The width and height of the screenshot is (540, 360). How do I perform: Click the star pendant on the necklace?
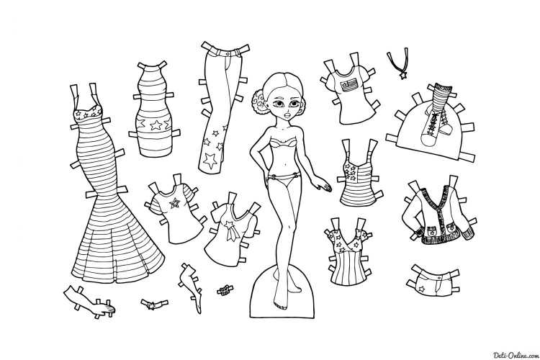coord(402,74)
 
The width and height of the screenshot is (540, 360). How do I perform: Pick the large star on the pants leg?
coord(210,160)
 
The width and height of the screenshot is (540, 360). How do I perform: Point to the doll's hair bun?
coord(259,101)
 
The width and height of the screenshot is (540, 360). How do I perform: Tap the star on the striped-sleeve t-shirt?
coord(174,203)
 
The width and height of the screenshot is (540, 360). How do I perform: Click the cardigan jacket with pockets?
coord(440,210)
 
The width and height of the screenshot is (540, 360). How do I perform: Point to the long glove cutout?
coord(89,301)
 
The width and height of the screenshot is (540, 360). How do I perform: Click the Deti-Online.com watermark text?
coord(516,355)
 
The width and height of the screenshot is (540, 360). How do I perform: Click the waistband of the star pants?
coord(225,53)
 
